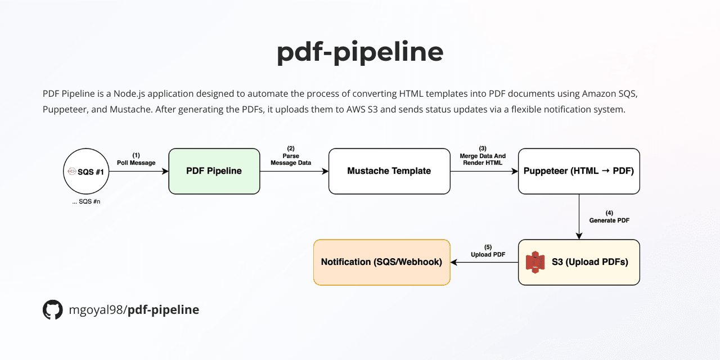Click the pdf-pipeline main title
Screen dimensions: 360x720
point(360,52)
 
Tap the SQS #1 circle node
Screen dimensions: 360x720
point(85,171)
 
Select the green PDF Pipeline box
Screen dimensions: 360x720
point(214,171)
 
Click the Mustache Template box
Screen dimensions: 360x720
point(389,171)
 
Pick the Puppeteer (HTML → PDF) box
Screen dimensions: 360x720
point(579,171)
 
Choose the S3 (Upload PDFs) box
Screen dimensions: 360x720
point(579,262)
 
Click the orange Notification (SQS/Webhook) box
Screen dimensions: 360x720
point(382,262)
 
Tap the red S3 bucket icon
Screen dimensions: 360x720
point(535,262)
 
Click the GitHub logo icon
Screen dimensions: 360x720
point(53,310)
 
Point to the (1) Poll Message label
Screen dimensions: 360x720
point(136,159)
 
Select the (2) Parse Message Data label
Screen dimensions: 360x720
point(291,156)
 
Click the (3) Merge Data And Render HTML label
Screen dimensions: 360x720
point(483,156)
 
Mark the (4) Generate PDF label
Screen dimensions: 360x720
point(609,217)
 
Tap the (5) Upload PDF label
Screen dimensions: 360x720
point(488,251)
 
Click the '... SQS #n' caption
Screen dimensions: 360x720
point(85,201)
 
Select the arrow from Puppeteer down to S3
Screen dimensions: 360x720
point(579,217)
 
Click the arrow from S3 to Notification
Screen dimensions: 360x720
point(484,262)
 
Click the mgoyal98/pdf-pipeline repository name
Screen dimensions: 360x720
point(134,310)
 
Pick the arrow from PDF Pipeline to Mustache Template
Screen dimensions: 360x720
point(294,171)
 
